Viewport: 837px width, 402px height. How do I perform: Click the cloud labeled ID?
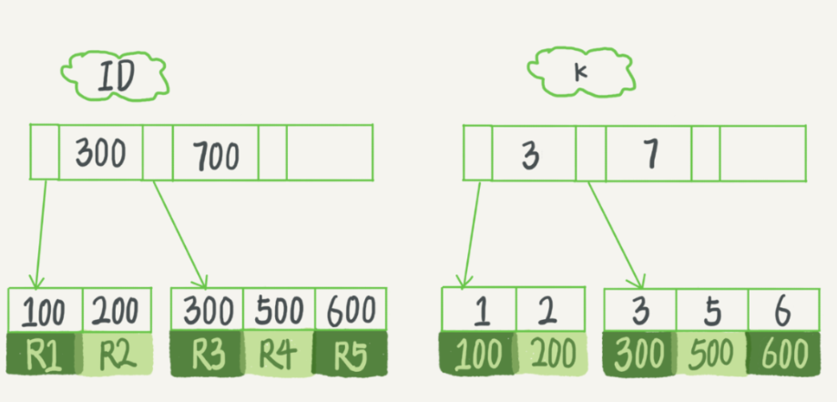coord(114,77)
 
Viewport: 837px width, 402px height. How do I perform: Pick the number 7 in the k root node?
coord(648,155)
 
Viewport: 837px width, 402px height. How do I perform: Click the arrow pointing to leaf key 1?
coord(470,232)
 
